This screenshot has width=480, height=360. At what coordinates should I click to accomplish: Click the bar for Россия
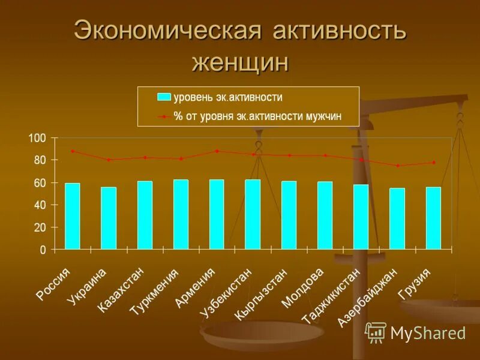[73, 216]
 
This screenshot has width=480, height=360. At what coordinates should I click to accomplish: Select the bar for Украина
[109, 218]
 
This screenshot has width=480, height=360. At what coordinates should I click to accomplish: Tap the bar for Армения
[217, 214]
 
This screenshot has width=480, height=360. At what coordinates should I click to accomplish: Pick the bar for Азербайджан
[397, 218]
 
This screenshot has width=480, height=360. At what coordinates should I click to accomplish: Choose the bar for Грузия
[433, 218]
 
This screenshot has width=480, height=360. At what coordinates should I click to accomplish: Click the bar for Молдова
[325, 215]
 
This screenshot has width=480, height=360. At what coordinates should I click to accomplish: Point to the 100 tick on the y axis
[37, 138]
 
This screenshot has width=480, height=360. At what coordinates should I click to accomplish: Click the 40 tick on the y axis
[40, 205]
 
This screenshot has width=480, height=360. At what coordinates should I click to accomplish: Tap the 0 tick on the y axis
[43, 250]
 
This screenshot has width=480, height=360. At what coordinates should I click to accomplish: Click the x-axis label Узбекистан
[226, 295]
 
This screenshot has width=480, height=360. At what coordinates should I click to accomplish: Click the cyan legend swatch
[164, 97]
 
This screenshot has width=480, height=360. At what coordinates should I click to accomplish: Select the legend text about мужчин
[258, 116]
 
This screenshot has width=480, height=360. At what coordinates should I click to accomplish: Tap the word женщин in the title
[240, 61]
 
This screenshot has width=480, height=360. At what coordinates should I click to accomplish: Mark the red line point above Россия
[73, 151]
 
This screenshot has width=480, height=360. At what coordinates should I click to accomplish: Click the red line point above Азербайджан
[397, 166]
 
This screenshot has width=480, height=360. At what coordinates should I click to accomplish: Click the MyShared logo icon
[376, 332]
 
